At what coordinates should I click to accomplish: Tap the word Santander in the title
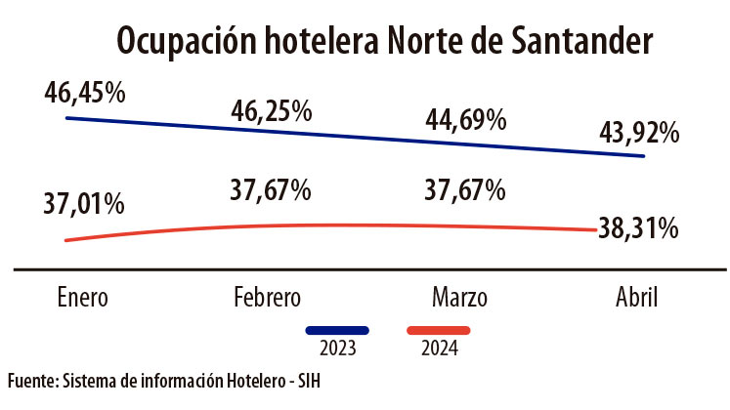tap(571, 42)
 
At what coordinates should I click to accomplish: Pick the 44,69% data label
tap(465, 121)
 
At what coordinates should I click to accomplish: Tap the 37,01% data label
tap(84, 205)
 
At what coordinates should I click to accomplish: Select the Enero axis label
tap(82, 297)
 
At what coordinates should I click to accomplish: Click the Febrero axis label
tap(268, 297)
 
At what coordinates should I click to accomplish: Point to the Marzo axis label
tap(459, 297)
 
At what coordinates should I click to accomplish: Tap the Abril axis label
tap(636, 297)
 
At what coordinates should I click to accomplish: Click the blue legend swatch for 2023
tap(337, 330)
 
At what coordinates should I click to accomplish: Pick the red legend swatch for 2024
tap(439, 330)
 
